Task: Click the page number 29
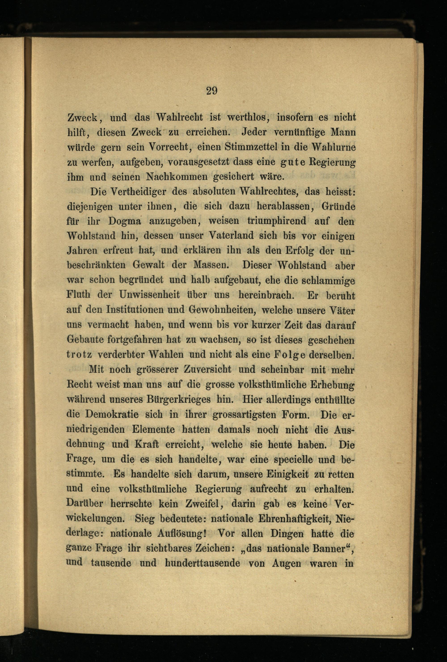211,91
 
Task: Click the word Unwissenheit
150,295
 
